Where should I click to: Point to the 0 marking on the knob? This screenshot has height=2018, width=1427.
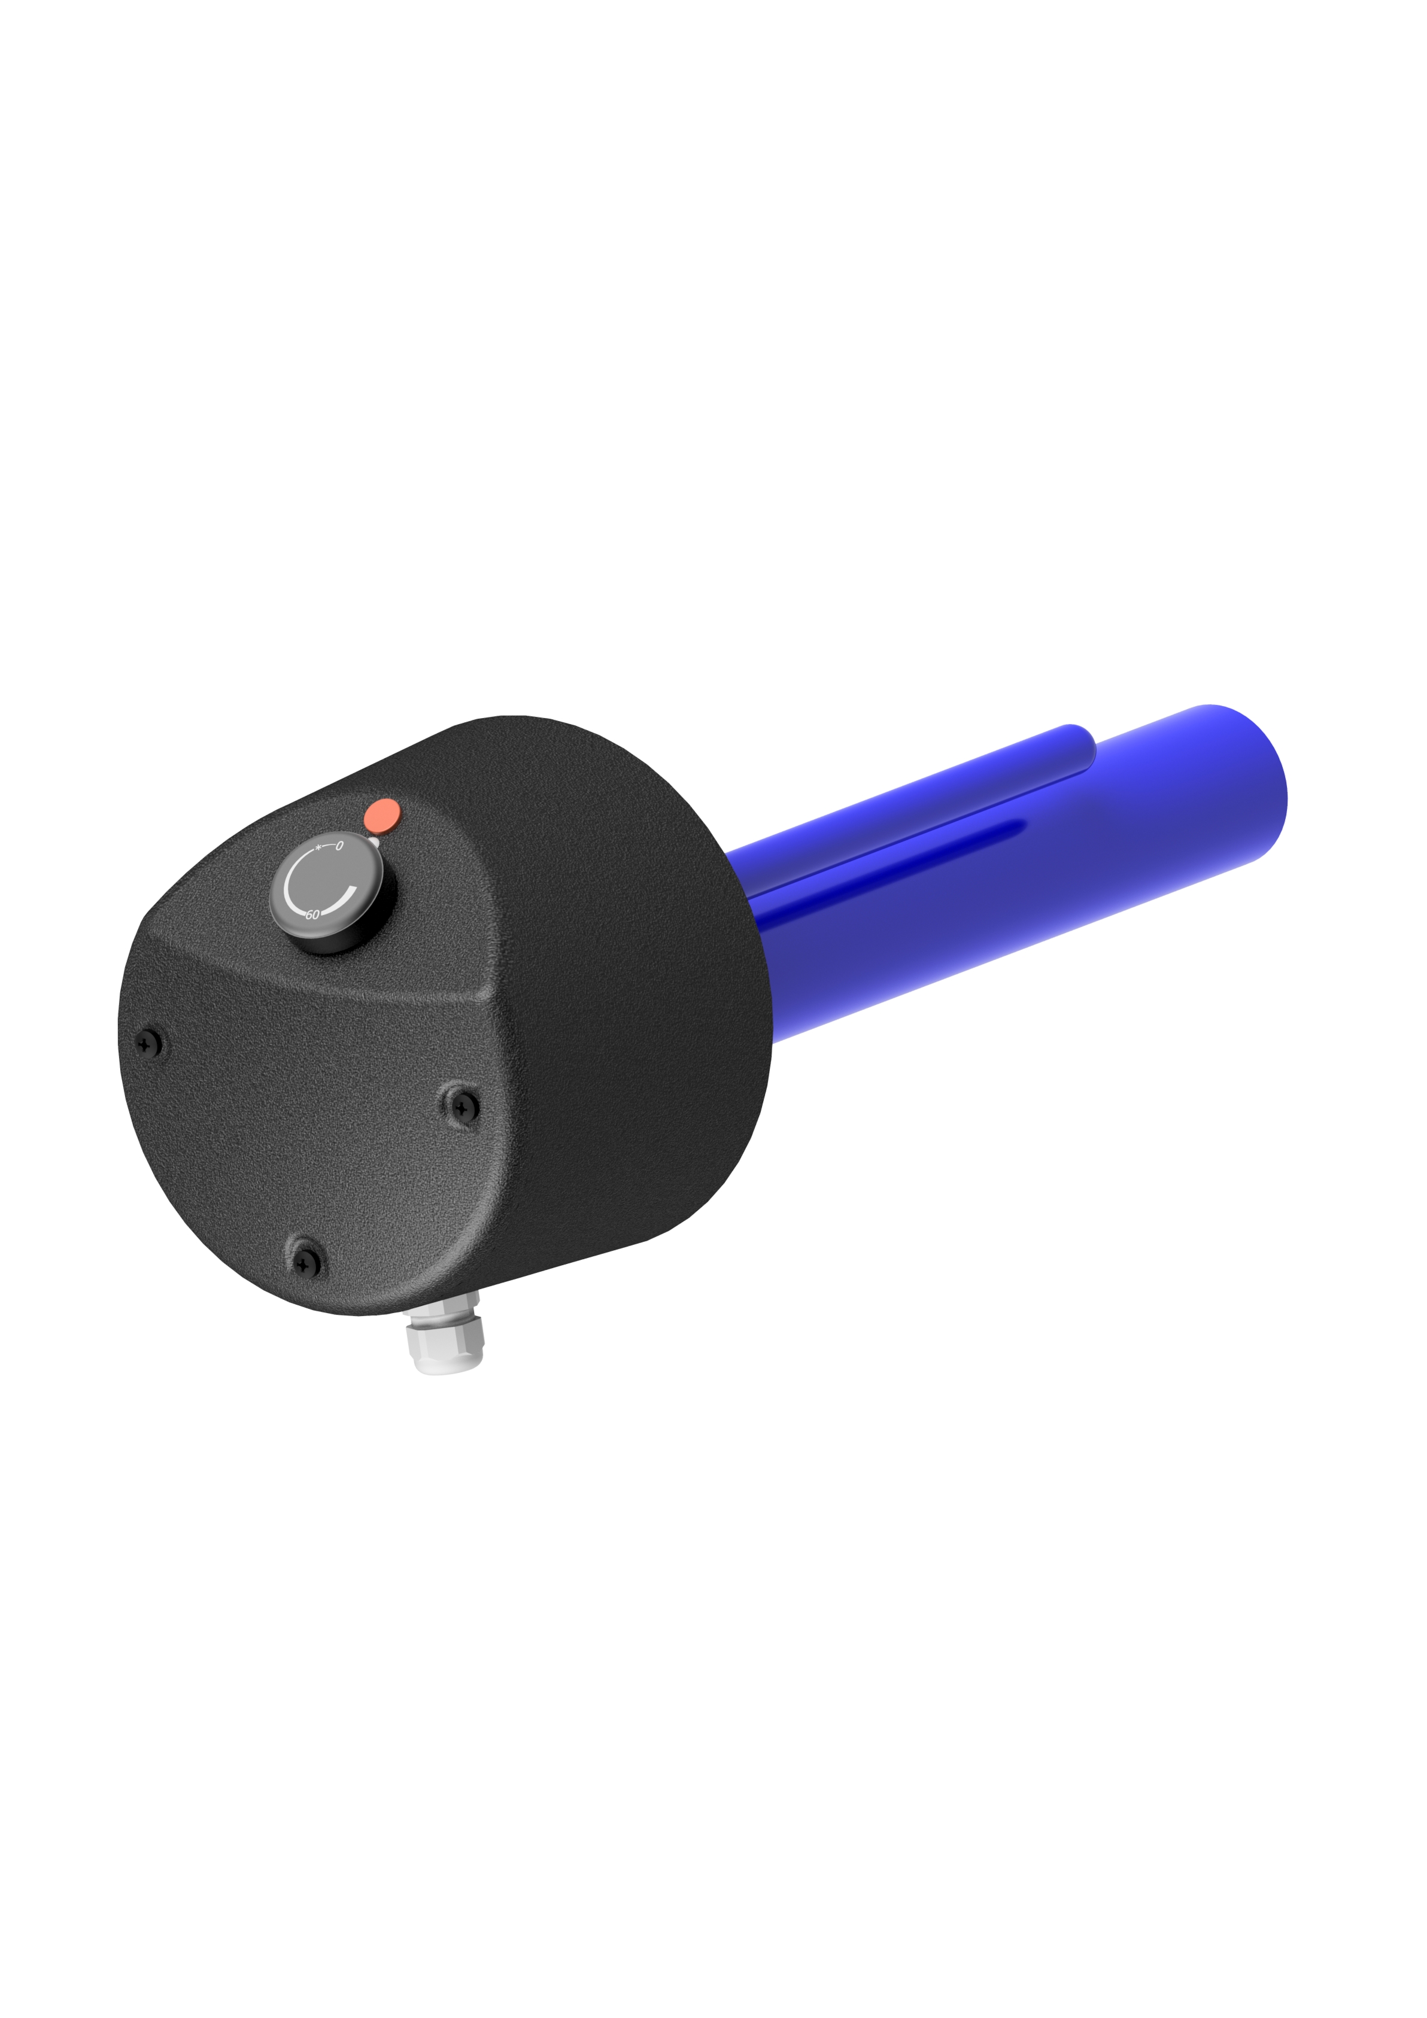(x=339, y=846)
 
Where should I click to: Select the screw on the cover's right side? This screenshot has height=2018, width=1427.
(x=461, y=1105)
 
